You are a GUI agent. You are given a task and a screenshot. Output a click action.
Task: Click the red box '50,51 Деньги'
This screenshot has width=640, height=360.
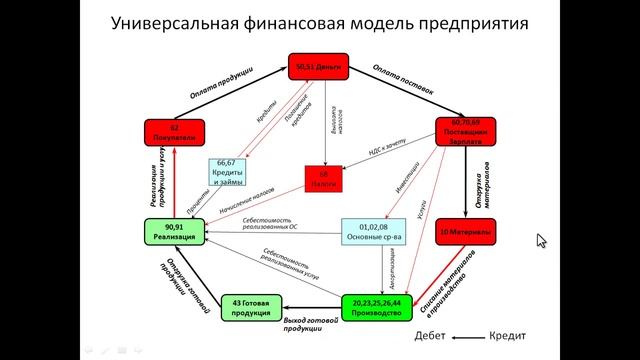coord(319,67)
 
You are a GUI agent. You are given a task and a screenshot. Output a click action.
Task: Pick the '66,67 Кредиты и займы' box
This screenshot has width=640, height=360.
coord(227,171)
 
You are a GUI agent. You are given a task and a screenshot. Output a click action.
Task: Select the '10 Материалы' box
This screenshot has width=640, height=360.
coord(467,233)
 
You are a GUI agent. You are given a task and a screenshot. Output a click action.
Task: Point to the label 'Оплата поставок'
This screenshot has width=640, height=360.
coord(408,84)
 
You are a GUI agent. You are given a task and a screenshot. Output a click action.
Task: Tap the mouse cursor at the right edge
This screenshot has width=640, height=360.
coord(541,240)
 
